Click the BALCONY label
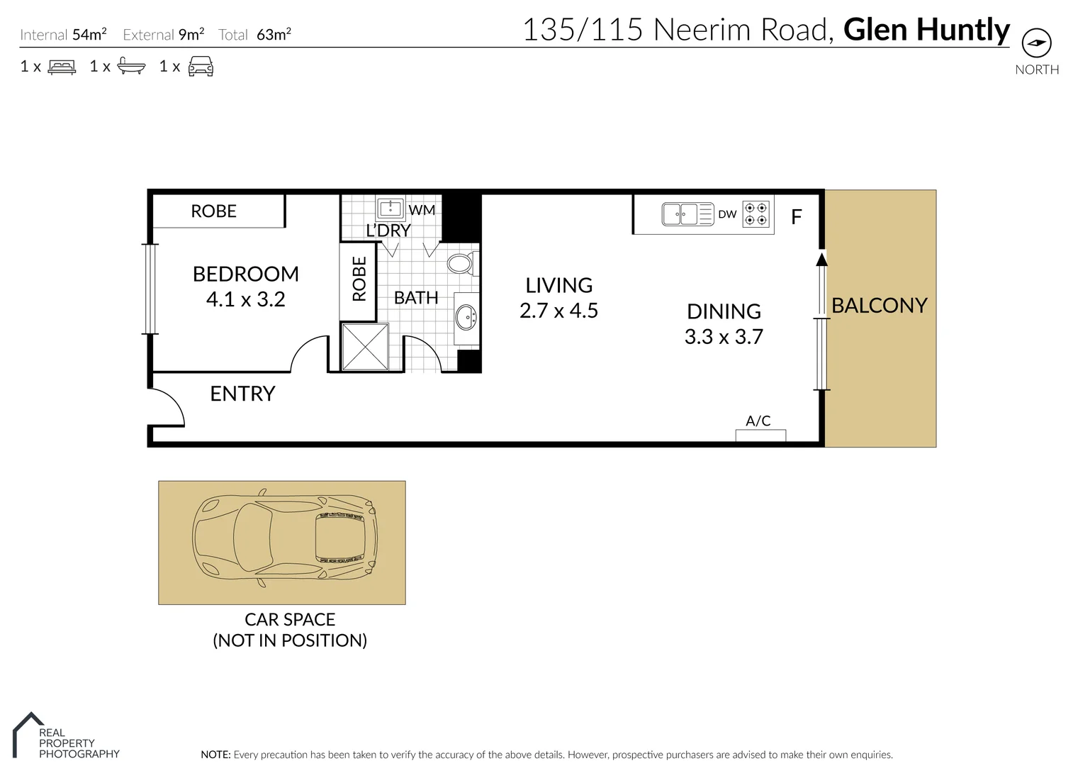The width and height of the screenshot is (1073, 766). click(879, 306)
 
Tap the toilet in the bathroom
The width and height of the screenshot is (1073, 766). click(461, 265)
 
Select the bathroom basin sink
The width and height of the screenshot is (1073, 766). click(466, 317)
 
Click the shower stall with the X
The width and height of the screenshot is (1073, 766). click(365, 347)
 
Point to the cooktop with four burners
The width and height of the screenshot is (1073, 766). click(755, 213)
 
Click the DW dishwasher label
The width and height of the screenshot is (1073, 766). click(727, 214)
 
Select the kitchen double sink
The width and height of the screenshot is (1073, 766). click(680, 213)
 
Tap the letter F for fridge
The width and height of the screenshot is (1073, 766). click(796, 217)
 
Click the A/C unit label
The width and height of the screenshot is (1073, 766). click(758, 421)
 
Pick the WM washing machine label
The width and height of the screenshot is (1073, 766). click(422, 210)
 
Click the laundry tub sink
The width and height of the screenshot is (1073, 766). click(391, 208)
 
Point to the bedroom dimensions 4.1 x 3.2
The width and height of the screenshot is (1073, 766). click(245, 299)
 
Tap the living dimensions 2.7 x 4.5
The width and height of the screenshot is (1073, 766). click(558, 311)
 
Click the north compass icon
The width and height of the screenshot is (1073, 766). click(1036, 43)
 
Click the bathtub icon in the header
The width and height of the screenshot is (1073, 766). click(131, 67)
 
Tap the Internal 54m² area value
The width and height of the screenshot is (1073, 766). click(89, 34)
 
